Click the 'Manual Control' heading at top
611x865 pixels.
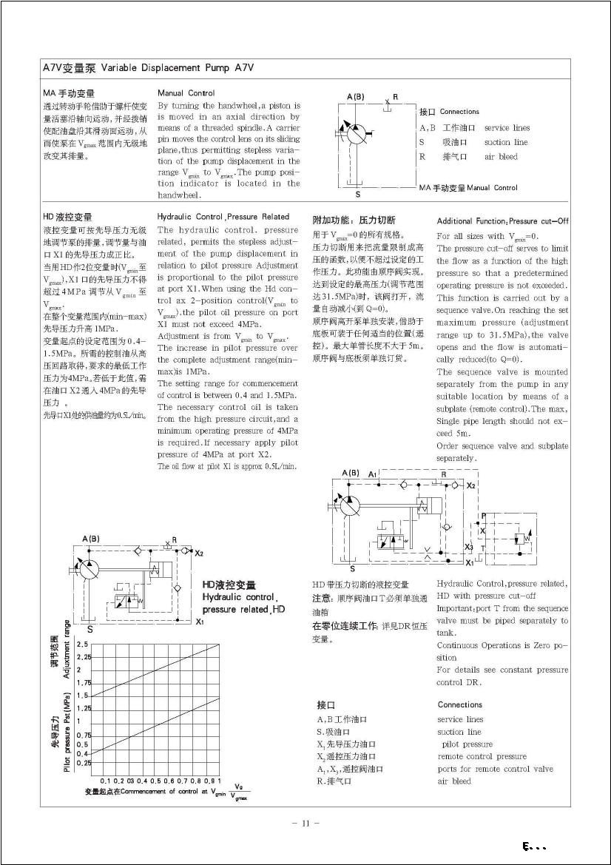click(186, 93)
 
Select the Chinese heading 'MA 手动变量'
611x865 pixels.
click(70, 93)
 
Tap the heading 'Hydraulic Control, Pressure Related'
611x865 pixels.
click(223, 217)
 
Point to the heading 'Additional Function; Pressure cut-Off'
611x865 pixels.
click(502, 221)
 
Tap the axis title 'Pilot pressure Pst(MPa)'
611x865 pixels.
click(67, 733)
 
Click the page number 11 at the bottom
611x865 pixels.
click(305, 822)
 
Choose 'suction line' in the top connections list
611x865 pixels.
click(506, 142)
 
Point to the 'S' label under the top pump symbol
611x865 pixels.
click(357, 195)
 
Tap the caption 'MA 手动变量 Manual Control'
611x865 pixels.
click(467, 188)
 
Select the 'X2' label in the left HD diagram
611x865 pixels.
click(198, 553)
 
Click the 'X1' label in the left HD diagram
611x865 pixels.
click(199, 622)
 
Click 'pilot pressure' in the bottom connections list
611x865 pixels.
click(467, 744)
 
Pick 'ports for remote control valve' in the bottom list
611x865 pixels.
click(495, 769)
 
